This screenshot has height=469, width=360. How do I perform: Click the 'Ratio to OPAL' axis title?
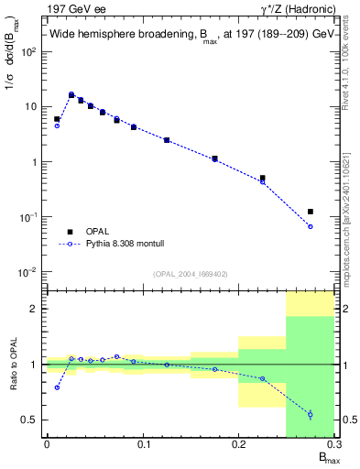pyautogui.click(x=13, y=364)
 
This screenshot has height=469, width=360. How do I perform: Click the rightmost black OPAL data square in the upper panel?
pyautogui.click(x=311, y=212)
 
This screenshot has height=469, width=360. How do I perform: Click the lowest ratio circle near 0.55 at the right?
pyautogui.click(x=311, y=414)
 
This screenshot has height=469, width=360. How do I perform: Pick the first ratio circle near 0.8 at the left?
pyautogui.click(x=57, y=387)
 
